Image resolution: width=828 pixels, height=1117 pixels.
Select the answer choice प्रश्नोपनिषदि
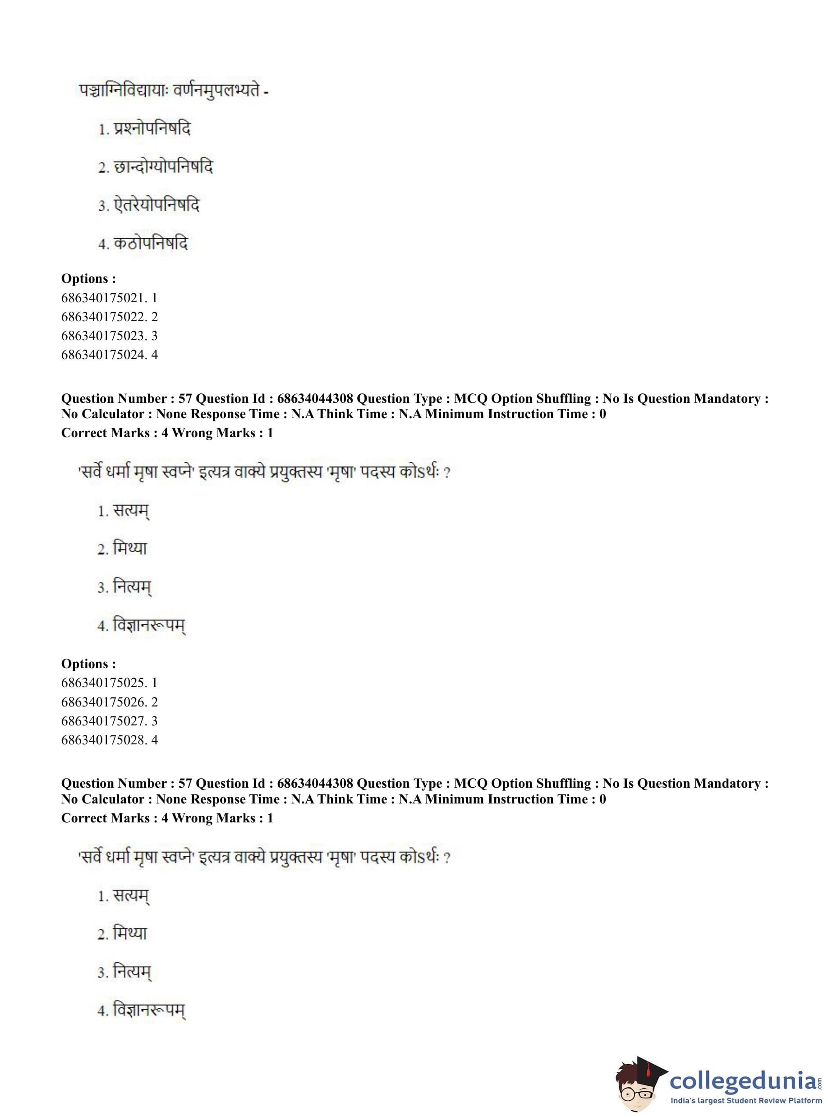coord(152,129)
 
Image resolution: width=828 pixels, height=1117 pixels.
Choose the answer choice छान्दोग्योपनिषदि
coord(163,167)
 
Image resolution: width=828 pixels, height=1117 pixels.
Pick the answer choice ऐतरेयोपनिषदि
coord(156,205)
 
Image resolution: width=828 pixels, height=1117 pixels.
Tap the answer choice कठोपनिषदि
coord(150,244)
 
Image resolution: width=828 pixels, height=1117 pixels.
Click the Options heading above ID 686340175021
coord(88,279)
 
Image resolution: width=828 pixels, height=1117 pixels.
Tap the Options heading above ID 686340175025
coord(88,664)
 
